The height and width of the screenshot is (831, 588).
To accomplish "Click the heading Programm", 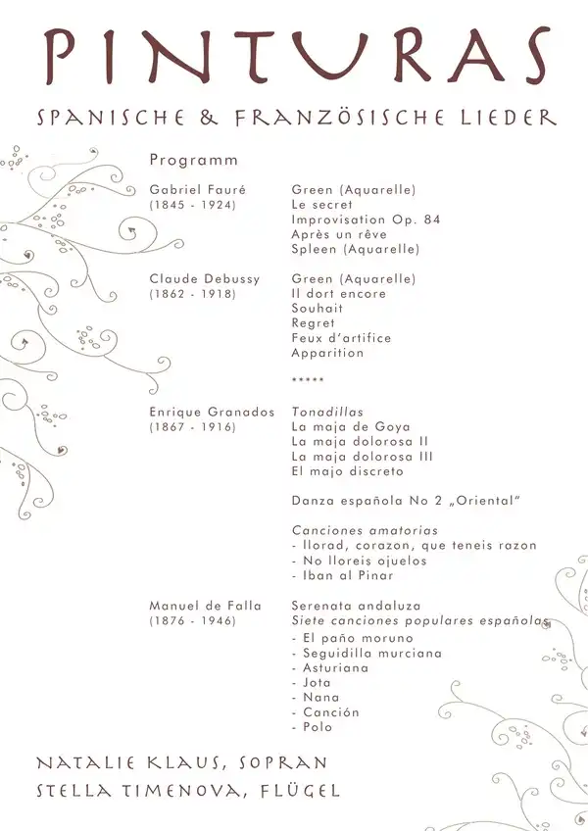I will (194, 160).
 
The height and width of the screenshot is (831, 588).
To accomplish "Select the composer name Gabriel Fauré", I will (197, 190).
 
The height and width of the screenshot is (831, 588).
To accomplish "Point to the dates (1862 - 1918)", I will (192, 294).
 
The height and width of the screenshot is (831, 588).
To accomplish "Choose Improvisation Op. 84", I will (366, 220).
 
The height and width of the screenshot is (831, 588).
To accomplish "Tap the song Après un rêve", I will (341, 234).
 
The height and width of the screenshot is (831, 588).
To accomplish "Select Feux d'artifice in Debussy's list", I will (341, 338).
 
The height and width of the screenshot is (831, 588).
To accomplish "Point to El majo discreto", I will (348, 471).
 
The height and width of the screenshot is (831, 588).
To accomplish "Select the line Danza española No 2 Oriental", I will (405, 502).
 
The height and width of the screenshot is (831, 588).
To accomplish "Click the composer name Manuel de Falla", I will (205, 606).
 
